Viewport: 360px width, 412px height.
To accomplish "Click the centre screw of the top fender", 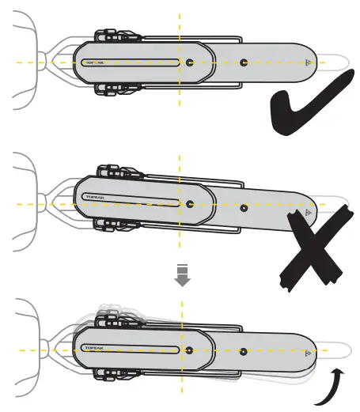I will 188,61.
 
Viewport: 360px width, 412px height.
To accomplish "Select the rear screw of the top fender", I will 243,61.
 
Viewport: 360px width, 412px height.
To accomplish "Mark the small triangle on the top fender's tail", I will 309,61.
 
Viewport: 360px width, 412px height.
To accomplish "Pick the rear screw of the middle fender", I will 244,210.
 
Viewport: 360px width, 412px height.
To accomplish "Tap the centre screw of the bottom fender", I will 188,349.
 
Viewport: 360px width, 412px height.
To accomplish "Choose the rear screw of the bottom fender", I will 242,349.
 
